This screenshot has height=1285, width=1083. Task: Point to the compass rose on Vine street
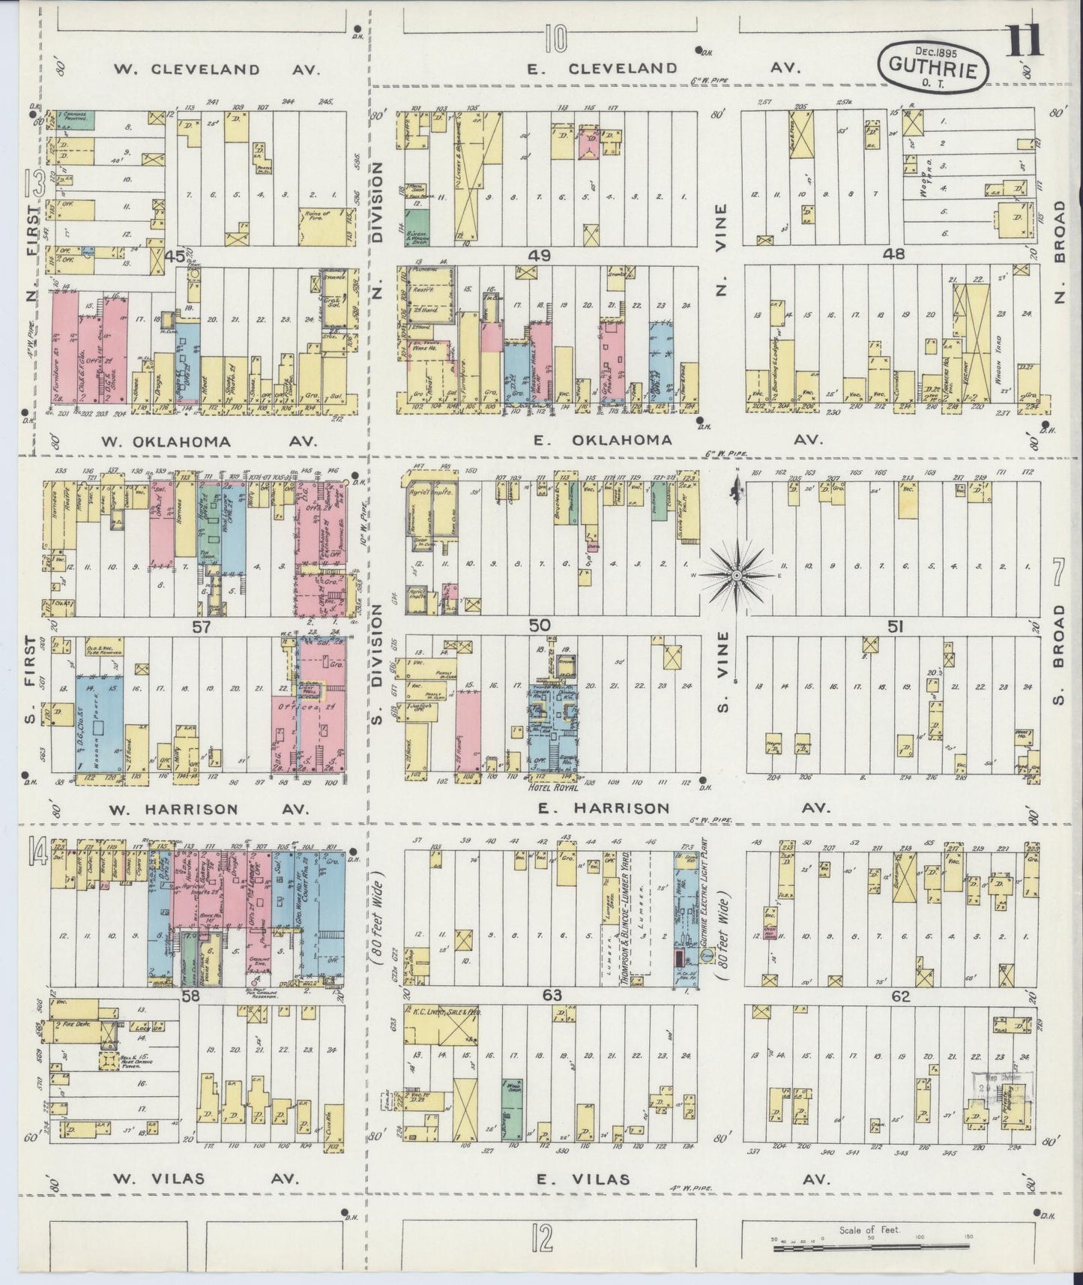736,575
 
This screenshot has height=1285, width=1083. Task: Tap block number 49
539,255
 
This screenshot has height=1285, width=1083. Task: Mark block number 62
900,996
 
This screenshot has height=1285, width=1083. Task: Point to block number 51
894,625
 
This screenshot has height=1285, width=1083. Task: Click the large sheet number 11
1023,41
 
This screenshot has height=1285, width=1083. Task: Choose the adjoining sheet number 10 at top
555,37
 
